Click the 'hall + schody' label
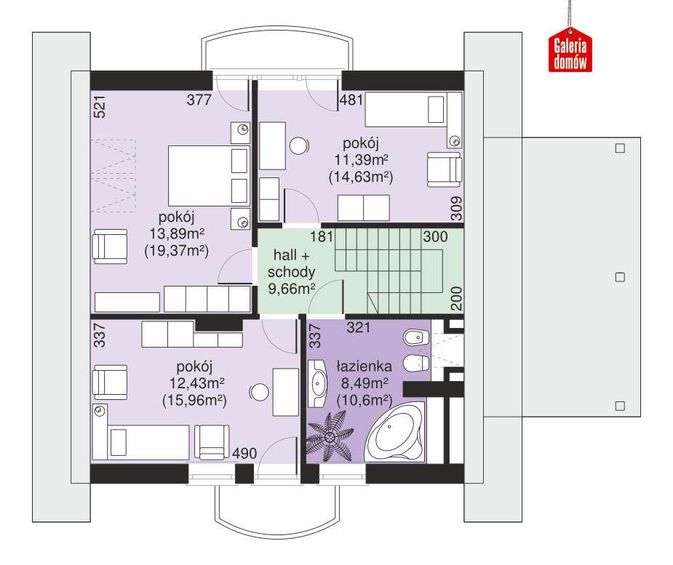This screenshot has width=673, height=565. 294,264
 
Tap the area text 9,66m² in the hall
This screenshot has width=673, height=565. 292,289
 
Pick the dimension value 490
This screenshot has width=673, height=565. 244,454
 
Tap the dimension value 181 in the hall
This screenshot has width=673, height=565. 320,236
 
